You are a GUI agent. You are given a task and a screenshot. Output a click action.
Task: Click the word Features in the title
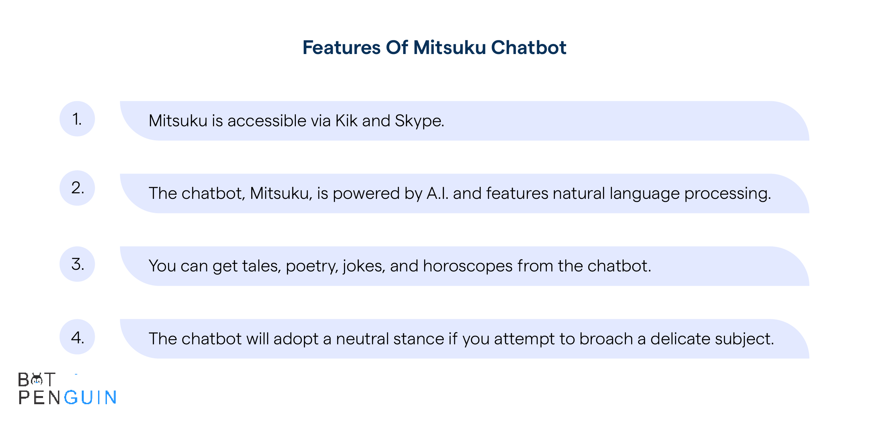click(342, 47)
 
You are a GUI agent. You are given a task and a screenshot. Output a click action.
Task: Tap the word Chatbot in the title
click(529, 47)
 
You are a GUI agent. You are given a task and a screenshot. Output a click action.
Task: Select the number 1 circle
click(77, 119)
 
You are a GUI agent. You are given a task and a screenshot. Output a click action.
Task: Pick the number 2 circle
click(77, 188)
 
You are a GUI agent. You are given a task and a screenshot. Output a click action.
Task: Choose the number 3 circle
click(77, 264)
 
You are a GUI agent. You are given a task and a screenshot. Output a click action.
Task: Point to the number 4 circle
click(77, 337)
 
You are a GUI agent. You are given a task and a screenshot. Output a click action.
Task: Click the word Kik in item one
click(346, 120)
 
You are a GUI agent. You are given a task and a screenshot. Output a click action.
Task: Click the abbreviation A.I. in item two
click(438, 193)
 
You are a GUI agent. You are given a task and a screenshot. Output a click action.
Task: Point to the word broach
click(606, 338)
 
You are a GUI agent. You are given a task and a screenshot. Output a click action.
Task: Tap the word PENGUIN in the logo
click(67, 397)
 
